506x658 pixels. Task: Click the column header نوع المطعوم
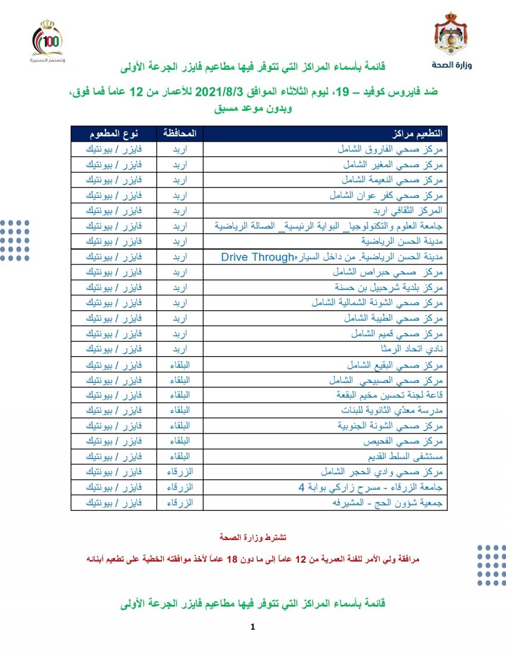click(x=114, y=133)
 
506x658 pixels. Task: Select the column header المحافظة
click(x=180, y=133)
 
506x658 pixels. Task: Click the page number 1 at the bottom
click(x=253, y=626)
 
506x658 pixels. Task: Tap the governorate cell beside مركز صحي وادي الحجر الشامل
click(x=180, y=472)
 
